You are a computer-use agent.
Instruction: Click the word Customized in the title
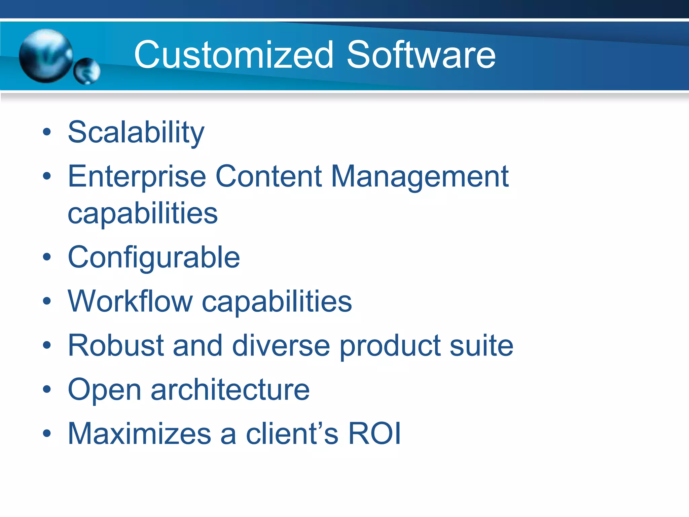pyautogui.click(x=234, y=55)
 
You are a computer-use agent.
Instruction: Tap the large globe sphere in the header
pyautogui.click(x=46, y=56)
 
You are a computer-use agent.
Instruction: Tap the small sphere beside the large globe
pyautogui.click(x=87, y=71)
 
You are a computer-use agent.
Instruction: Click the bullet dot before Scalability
pyautogui.click(x=47, y=132)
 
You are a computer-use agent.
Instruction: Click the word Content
pyautogui.click(x=268, y=176)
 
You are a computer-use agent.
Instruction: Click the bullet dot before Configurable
pyautogui.click(x=47, y=257)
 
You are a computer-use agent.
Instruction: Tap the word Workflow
pyautogui.click(x=130, y=301)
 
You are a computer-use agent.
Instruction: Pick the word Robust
pyautogui.click(x=115, y=345)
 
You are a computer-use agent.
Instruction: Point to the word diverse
pyautogui.click(x=281, y=345)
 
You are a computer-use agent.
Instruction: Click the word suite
pyautogui.click(x=481, y=345)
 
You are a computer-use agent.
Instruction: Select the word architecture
pyautogui.click(x=230, y=389)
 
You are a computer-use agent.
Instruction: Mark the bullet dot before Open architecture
pyautogui.click(x=47, y=389)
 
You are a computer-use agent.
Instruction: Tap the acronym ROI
pyautogui.click(x=374, y=434)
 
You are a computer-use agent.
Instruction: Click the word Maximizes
pyautogui.click(x=139, y=434)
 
